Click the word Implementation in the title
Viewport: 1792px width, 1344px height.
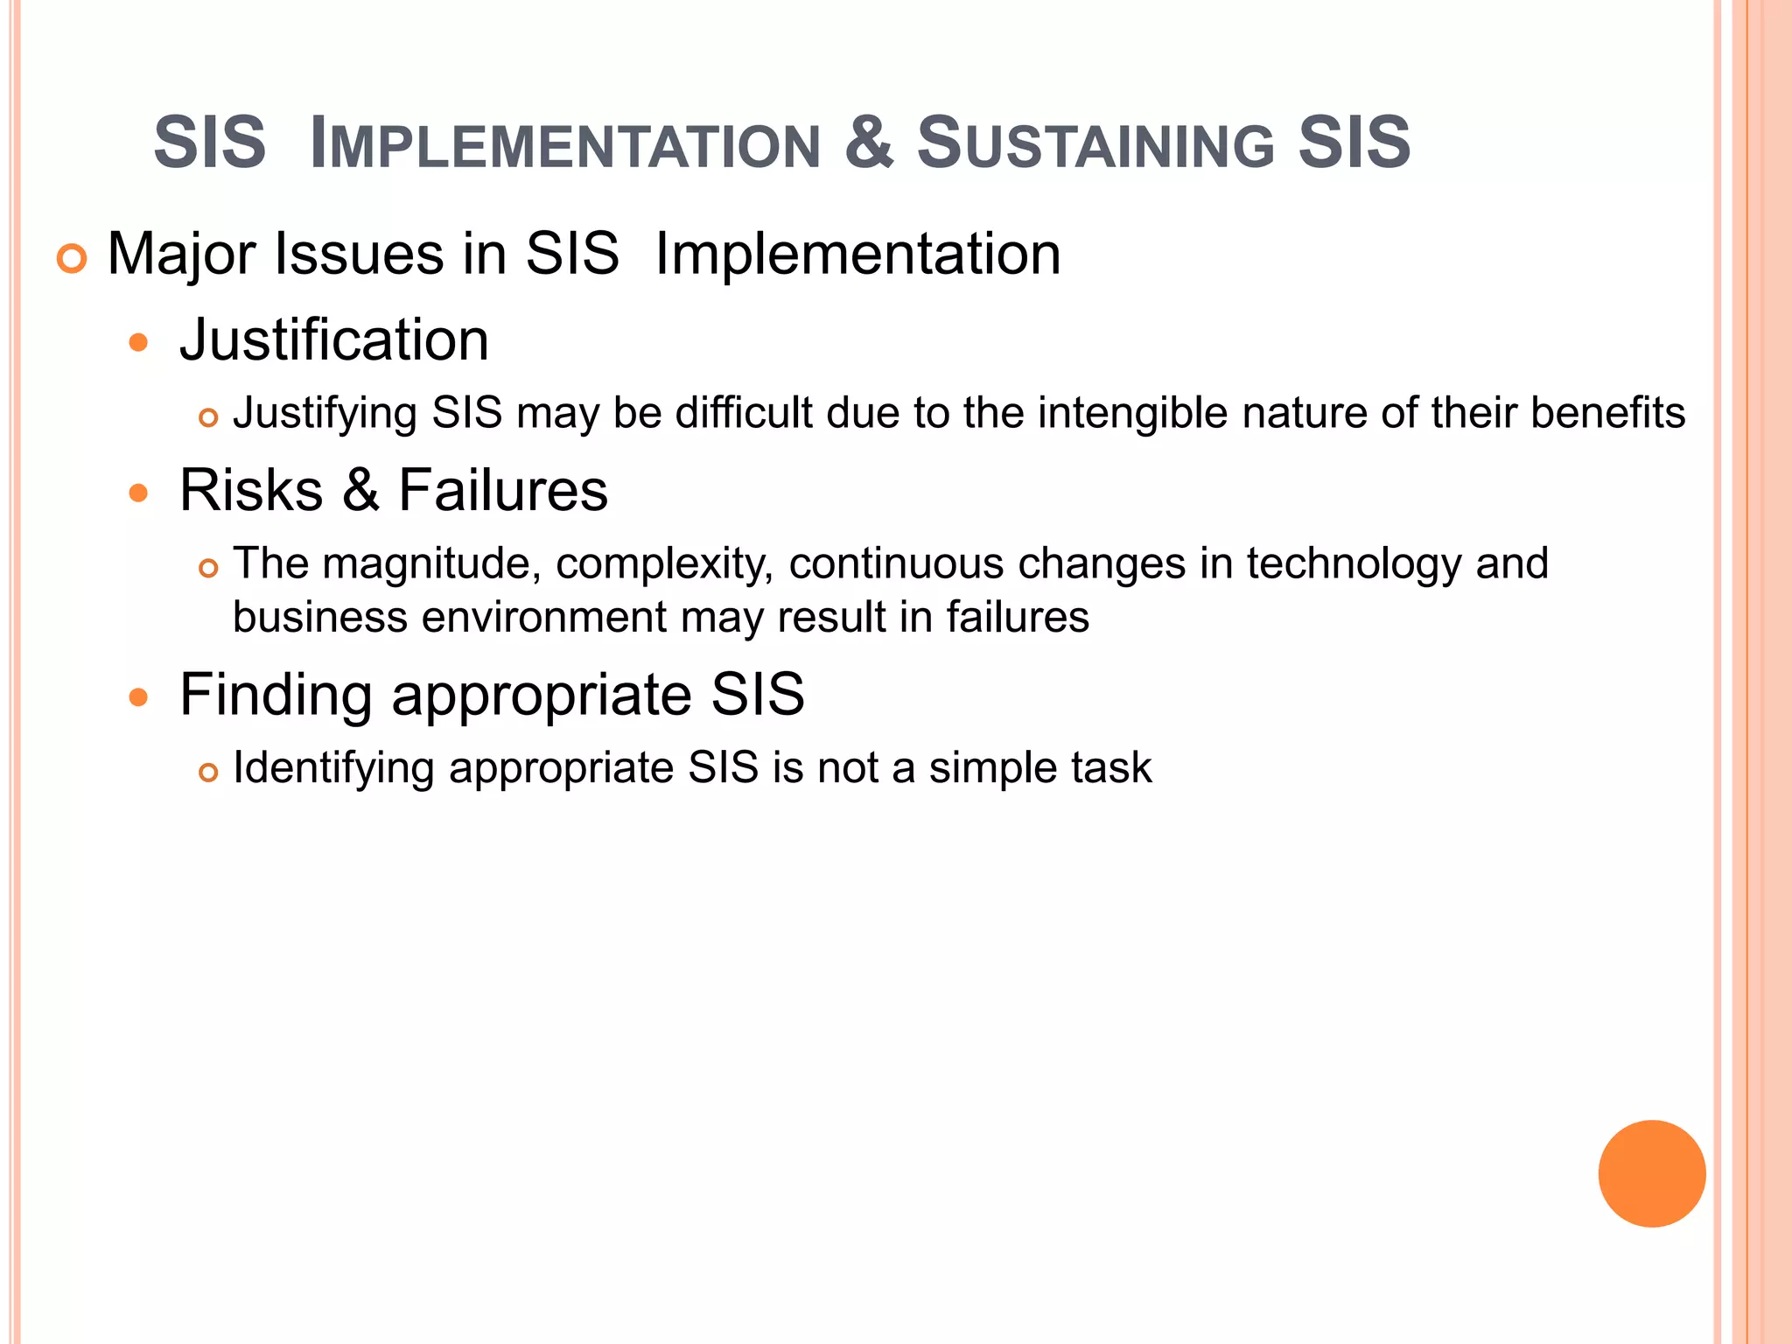pyautogui.click(x=565, y=143)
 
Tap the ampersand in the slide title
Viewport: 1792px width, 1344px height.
pyautogui.click(x=869, y=142)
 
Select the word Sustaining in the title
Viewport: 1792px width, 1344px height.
pyautogui.click(x=1095, y=143)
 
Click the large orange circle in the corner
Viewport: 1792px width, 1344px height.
pyautogui.click(x=1651, y=1173)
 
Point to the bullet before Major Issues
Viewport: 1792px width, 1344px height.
pyautogui.click(x=72, y=259)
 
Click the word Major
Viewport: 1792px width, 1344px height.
pyautogui.click(x=183, y=255)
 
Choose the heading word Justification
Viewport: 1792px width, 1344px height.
pyautogui.click(x=333, y=339)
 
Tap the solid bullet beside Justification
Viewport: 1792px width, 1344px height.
pyautogui.click(x=138, y=342)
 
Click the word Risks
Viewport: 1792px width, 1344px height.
pyautogui.click(x=251, y=490)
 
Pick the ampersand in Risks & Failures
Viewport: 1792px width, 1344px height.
pyautogui.click(x=360, y=490)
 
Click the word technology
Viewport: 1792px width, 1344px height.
pyautogui.click(x=1353, y=563)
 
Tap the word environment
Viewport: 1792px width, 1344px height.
pyautogui.click(x=544, y=618)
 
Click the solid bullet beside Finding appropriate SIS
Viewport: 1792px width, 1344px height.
pyautogui.click(x=138, y=697)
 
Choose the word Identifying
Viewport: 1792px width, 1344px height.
pyautogui.click(x=333, y=768)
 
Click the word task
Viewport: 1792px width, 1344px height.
pyautogui.click(x=1113, y=768)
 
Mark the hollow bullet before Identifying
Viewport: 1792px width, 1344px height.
pyautogui.click(x=207, y=773)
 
